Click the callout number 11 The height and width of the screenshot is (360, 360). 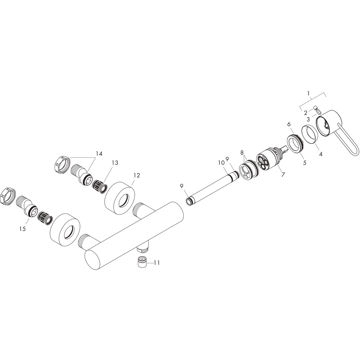tap(157, 262)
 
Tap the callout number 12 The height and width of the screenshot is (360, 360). tap(137, 175)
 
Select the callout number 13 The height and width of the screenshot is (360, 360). tap(115, 163)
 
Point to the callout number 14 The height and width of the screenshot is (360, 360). tap(99, 153)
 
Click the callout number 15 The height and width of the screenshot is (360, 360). tap(23, 229)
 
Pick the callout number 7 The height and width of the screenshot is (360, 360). tap(283, 174)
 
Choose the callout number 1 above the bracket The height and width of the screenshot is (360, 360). tap(309, 93)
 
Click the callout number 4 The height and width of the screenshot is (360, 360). tap(321, 154)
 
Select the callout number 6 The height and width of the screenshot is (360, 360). tap(289, 124)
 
